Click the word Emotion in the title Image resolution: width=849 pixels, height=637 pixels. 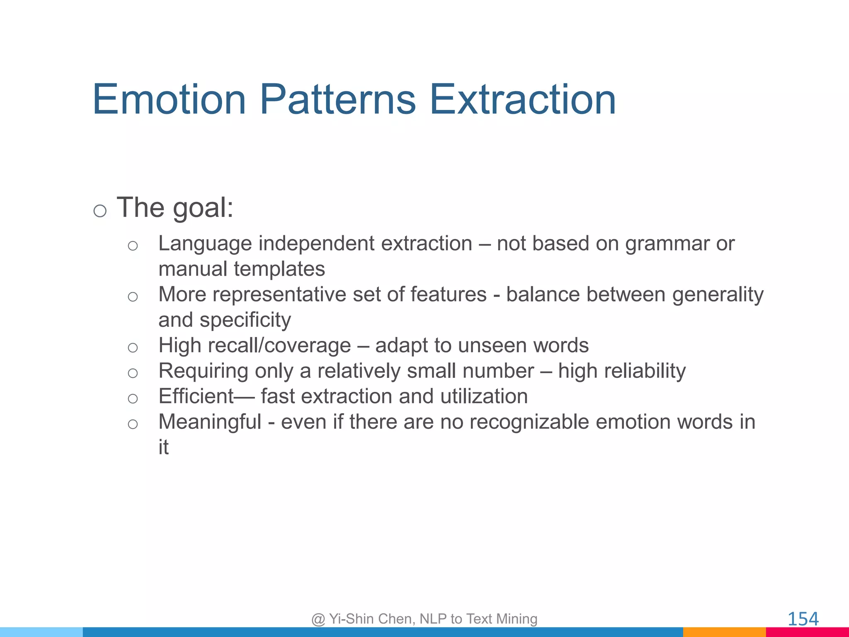click(169, 100)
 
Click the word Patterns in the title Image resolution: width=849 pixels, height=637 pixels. click(337, 100)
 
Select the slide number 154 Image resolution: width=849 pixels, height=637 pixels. click(803, 619)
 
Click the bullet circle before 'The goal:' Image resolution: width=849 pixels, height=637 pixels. click(100, 211)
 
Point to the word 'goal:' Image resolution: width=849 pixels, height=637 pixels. click(203, 208)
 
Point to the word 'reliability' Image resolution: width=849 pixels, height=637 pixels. click(645, 371)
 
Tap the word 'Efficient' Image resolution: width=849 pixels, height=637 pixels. click(196, 396)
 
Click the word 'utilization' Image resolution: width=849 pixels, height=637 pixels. click(484, 396)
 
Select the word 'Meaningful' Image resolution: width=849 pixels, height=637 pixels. click(210, 422)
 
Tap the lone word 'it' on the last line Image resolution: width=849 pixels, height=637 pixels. click(163, 447)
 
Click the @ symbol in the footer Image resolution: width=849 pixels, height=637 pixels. click(318, 619)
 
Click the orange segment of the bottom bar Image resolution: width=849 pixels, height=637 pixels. click(724, 632)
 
